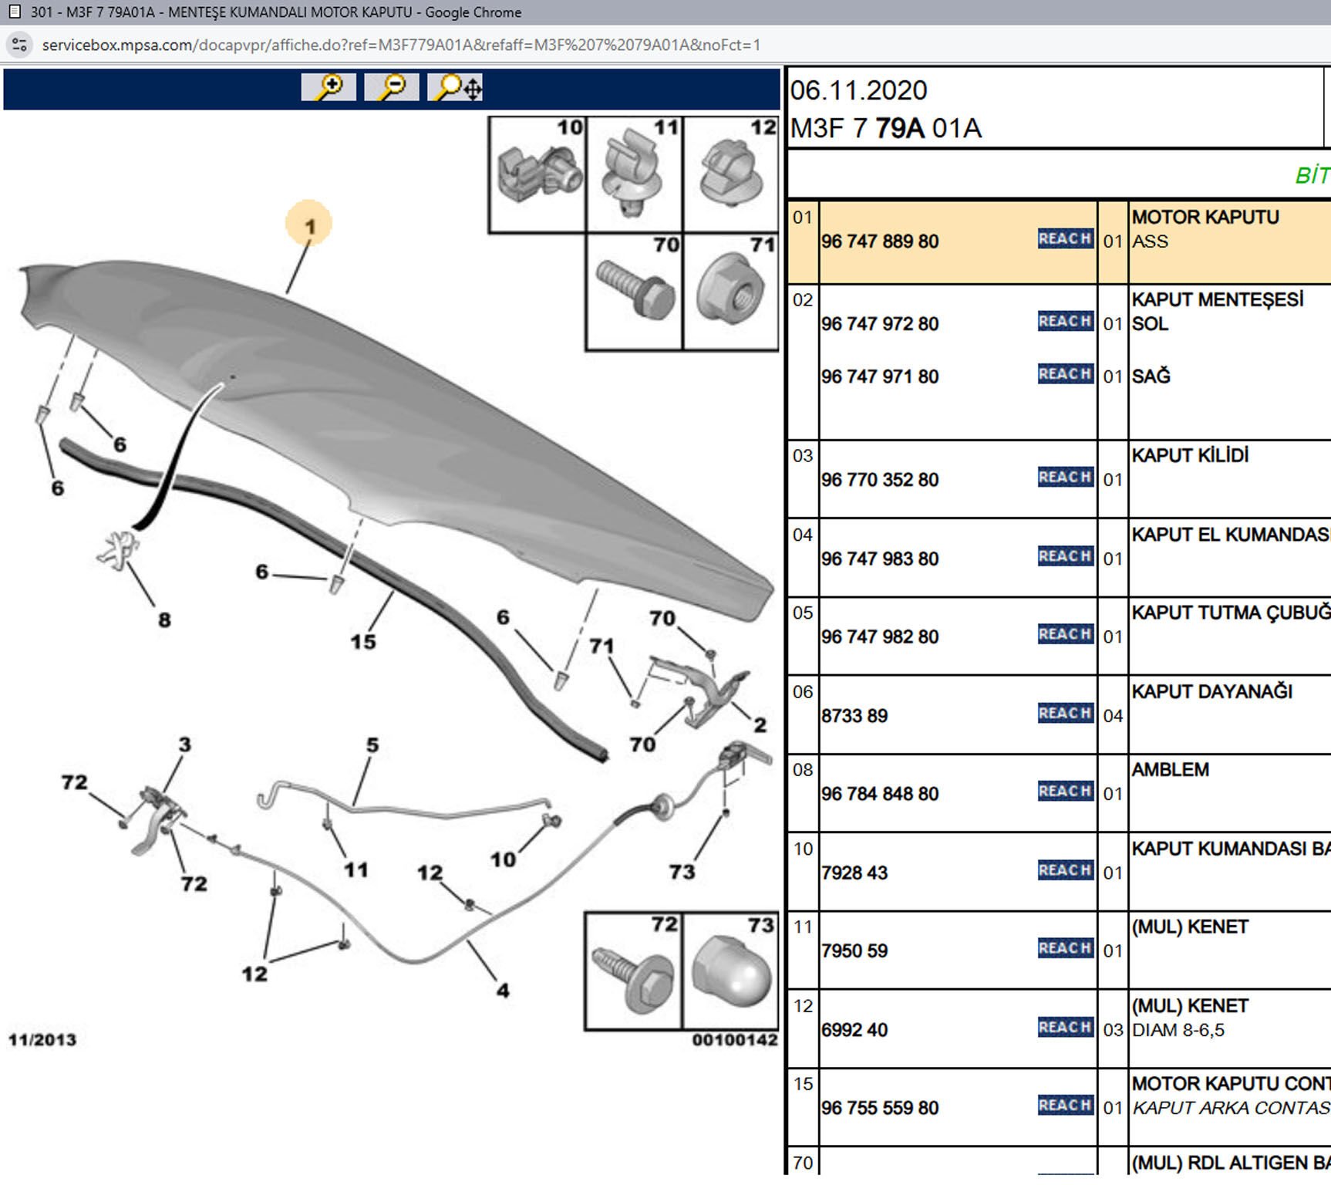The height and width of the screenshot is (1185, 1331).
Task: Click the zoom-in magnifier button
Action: tap(329, 87)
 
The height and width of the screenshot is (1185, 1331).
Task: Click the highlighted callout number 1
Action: tap(309, 226)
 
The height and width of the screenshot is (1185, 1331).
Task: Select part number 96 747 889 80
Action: tap(880, 241)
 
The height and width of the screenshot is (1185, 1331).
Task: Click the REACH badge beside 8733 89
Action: tap(1065, 714)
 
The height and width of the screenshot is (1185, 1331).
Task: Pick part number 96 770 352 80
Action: tap(880, 480)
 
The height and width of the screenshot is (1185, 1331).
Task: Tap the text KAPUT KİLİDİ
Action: tap(1190, 455)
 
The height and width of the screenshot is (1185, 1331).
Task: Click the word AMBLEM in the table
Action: tap(1170, 769)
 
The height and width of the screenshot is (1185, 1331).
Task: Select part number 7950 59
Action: tap(854, 950)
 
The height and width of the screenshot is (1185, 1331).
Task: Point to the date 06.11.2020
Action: tap(858, 90)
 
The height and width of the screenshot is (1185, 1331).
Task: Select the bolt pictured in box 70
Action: tap(635, 290)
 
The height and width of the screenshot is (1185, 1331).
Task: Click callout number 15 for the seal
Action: tap(363, 641)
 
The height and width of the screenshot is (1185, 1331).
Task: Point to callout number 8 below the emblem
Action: tap(164, 620)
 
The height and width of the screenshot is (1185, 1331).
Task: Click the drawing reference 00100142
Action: tap(734, 1040)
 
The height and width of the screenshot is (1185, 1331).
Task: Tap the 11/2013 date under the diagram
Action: tap(42, 1039)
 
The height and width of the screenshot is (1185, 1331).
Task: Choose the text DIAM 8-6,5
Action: tap(1178, 1030)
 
